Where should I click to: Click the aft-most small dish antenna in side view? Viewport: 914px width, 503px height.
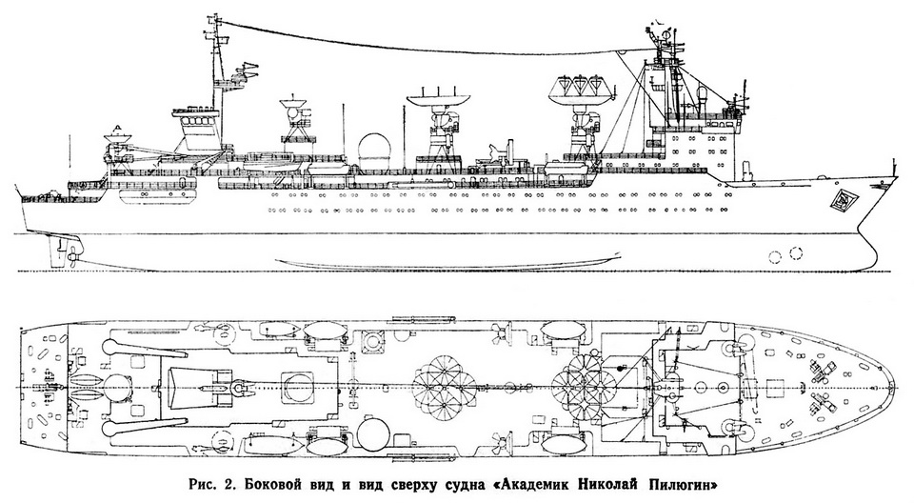point(116,137)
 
